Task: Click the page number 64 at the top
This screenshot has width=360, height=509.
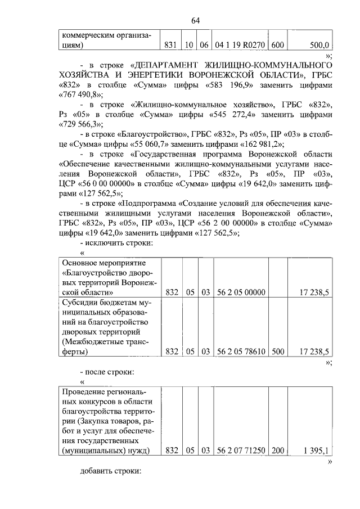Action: click(195, 21)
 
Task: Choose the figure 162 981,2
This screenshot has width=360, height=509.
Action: click(256, 145)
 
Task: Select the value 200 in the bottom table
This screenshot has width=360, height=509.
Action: click(277, 451)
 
